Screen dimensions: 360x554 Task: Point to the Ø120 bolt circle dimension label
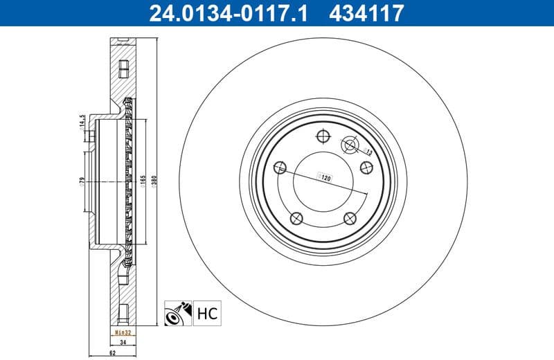tap(323, 177)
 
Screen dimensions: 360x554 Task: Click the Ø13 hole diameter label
tap(368, 151)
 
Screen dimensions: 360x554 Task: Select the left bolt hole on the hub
tap(280, 168)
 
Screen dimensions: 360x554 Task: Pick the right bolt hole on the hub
tap(366, 167)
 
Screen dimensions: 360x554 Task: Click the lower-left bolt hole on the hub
tap(296, 218)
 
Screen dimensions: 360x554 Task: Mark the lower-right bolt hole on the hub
tap(350, 218)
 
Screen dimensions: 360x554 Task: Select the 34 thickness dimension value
tap(122, 342)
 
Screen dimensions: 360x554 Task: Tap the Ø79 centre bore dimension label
tap(82, 182)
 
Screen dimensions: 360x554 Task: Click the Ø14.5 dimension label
tap(82, 123)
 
